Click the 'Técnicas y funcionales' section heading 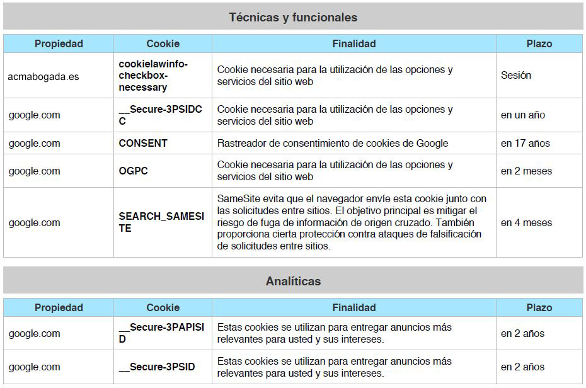(x=293, y=18)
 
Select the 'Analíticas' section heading (x=293, y=282)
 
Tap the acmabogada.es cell (x=43, y=76)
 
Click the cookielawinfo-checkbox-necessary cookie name (x=153, y=76)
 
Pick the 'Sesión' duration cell (x=516, y=76)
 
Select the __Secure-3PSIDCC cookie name (x=160, y=115)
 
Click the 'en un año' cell (x=523, y=115)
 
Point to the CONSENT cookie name (x=143, y=144)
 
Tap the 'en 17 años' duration (x=526, y=144)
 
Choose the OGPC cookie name (x=133, y=171)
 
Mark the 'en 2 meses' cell (x=526, y=171)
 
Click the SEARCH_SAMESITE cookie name (x=161, y=222)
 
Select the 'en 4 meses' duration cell (x=526, y=223)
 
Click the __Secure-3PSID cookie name (x=157, y=367)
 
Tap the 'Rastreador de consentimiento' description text (x=333, y=144)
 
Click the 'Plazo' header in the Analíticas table (x=539, y=308)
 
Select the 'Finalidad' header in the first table (x=353, y=44)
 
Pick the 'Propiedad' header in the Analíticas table (x=59, y=308)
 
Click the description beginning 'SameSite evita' (x=352, y=222)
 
